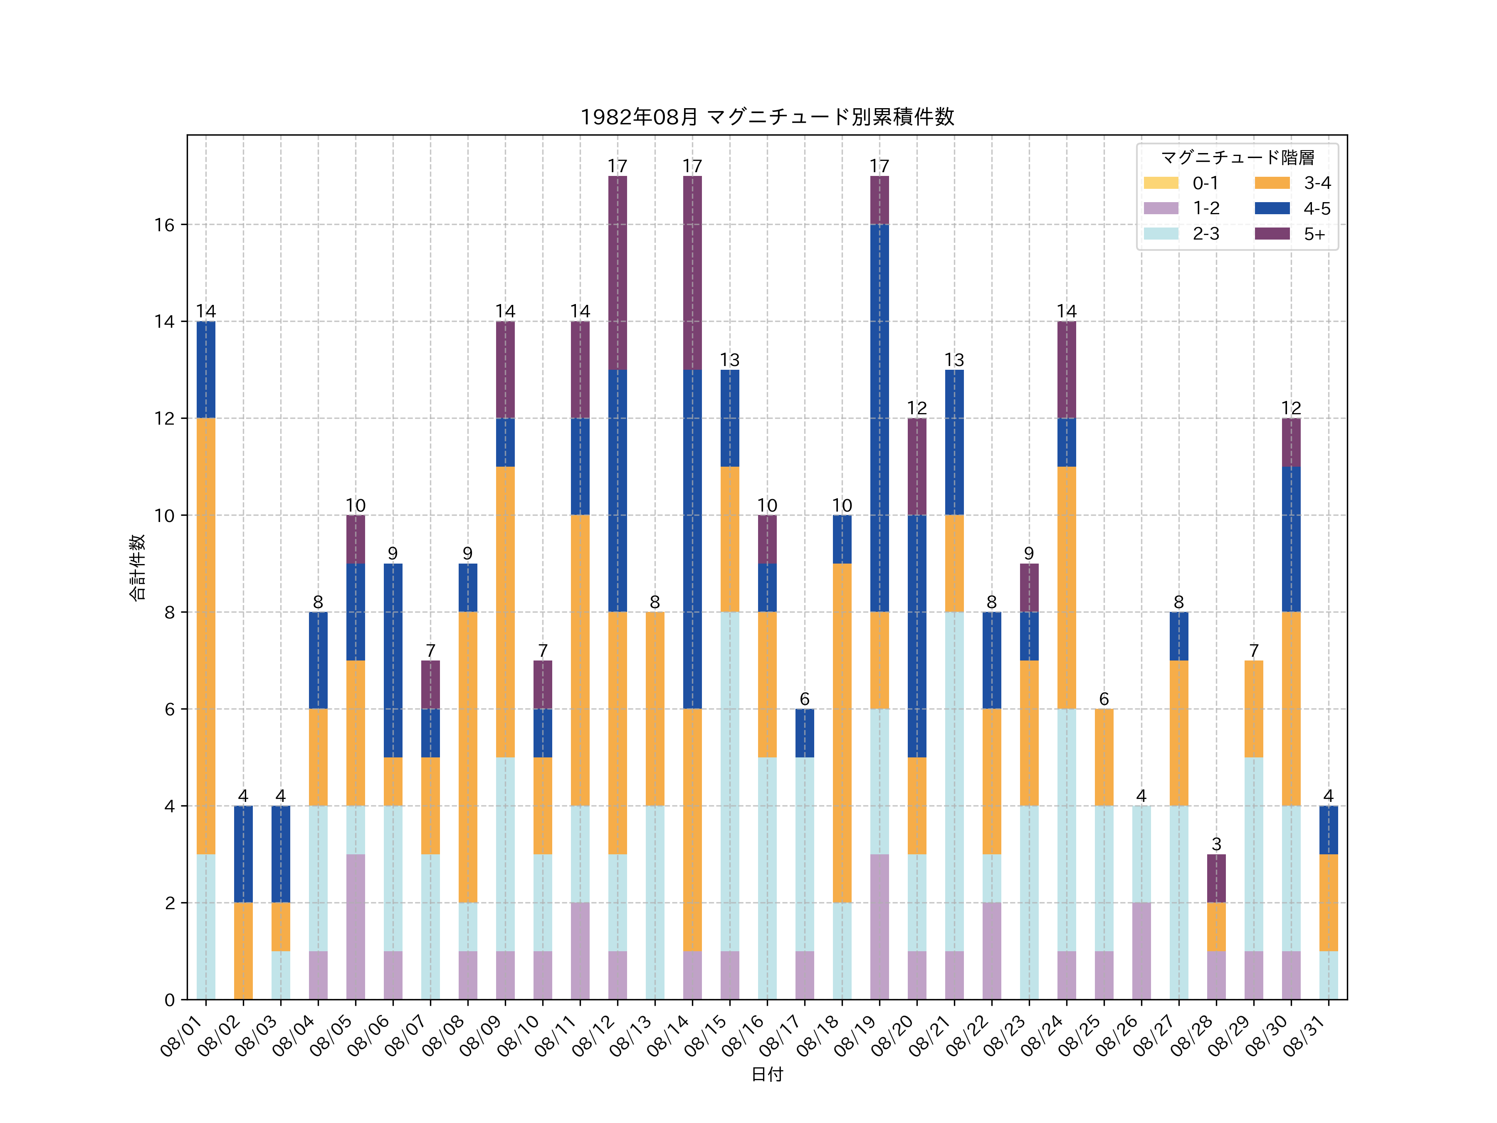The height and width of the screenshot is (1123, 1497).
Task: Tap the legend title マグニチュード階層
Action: click(x=1237, y=158)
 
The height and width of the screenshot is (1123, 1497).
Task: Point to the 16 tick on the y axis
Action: click(x=164, y=225)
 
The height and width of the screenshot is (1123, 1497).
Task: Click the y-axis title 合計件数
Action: click(x=137, y=567)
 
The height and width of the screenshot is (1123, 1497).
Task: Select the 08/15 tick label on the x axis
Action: click(x=705, y=1036)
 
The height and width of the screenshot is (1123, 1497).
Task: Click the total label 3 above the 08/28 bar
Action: click(x=1216, y=844)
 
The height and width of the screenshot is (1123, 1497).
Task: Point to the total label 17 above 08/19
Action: click(x=879, y=166)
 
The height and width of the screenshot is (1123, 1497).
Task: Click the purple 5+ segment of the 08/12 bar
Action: click(x=617, y=273)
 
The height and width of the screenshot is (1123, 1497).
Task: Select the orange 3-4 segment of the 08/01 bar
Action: click(x=206, y=636)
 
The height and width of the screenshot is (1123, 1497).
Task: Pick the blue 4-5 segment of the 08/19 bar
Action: click(x=879, y=418)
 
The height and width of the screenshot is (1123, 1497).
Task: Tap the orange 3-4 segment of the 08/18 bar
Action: click(x=842, y=733)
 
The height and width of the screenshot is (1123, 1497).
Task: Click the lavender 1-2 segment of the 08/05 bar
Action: click(x=355, y=927)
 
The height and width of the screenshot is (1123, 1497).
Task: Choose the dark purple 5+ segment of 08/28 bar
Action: click(x=1216, y=878)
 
